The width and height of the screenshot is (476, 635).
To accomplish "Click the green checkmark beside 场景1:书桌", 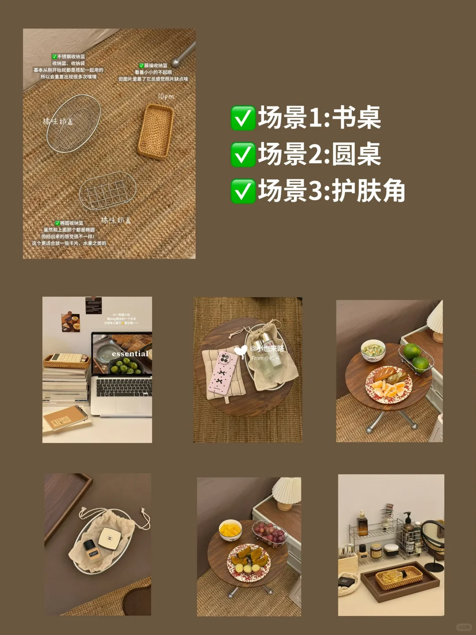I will (x=243, y=118).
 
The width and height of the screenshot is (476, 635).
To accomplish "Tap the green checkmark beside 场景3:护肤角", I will (x=243, y=191).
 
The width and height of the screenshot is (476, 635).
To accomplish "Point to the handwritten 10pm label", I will (x=166, y=96).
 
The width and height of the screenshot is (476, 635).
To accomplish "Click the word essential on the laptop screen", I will (x=130, y=354).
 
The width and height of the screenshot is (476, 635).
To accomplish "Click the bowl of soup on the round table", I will (x=373, y=351).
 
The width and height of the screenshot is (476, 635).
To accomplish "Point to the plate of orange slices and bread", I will (x=389, y=383).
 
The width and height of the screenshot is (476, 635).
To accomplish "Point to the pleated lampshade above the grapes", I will (x=287, y=490).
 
